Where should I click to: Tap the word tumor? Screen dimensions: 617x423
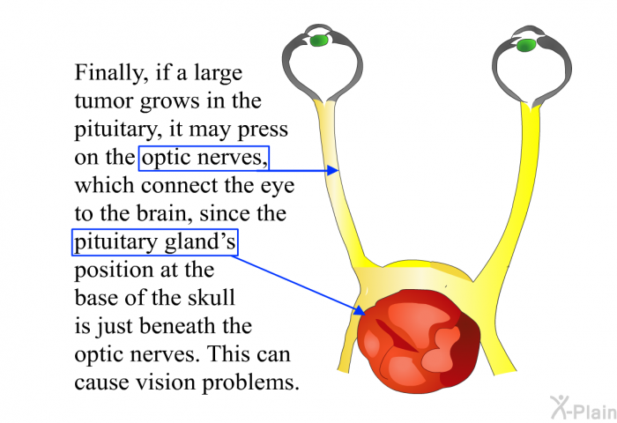104,101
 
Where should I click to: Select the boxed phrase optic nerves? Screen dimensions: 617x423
204,158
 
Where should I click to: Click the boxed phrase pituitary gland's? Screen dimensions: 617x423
155,242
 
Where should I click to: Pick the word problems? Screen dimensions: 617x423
250,382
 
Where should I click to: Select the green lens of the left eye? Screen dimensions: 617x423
319,41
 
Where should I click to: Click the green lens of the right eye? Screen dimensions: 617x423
526,45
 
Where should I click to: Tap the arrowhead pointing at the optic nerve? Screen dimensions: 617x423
333,170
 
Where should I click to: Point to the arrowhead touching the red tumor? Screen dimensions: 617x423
360,309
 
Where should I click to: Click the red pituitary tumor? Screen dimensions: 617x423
419,342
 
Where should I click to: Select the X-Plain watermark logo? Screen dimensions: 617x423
583,408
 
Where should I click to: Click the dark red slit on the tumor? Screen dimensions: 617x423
396,336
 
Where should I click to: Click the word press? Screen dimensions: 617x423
263,130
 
